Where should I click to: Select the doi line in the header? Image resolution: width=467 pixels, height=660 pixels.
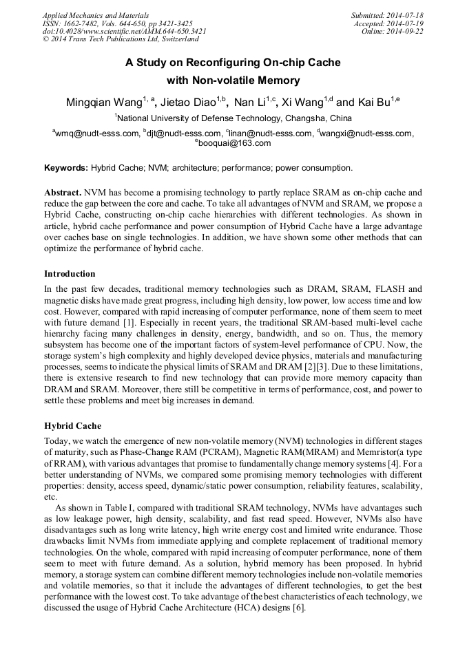tap(125, 31)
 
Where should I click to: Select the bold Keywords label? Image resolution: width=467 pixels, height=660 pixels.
tap(66, 167)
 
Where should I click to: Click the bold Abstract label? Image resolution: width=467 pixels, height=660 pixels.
tap(63, 193)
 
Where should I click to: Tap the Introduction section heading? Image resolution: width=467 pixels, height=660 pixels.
tap(70, 273)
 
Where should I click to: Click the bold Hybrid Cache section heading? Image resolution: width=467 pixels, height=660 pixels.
tap(72, 425)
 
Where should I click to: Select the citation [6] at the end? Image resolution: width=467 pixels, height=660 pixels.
tap(300, 608)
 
